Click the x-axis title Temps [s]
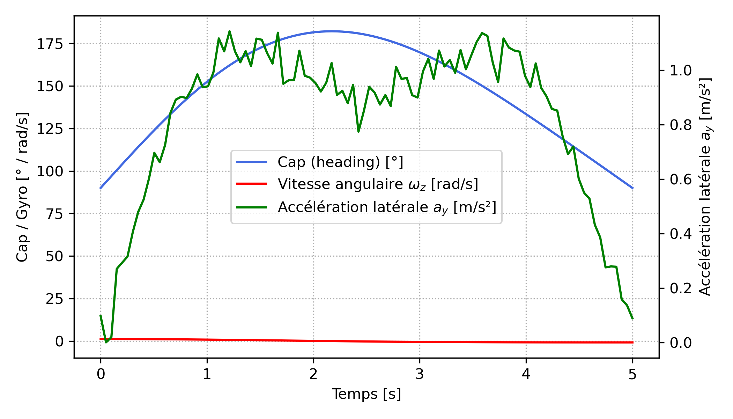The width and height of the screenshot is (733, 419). click(366, 394)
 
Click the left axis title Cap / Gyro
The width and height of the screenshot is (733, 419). click(22, 187)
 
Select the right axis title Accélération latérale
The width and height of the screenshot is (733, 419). click(705, 187)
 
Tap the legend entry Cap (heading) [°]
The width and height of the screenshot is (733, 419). click(340, 162)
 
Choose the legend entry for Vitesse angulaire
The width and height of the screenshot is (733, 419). click(378, 184)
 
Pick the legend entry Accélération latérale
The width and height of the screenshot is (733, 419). click(387, 207)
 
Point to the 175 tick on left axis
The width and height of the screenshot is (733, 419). click(50, 44)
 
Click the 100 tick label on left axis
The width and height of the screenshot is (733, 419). click(50, 171)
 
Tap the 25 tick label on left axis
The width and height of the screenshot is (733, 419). click(54, 299)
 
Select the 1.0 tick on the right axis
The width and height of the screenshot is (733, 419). click(680, 71)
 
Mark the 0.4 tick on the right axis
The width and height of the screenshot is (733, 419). click(680, 234)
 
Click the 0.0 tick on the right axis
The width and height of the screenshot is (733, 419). click(680, 343)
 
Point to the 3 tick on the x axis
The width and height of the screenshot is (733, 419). click(420, 374)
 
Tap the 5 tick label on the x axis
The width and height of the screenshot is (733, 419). click(632, 374)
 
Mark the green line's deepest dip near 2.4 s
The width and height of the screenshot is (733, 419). click(358, 132)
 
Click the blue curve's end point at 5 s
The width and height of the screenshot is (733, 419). click(632, 188)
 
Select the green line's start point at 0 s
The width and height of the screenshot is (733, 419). click(101, 315)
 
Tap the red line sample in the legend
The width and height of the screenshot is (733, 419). click(251, 184)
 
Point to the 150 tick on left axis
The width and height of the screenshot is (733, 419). click(50, 86)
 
